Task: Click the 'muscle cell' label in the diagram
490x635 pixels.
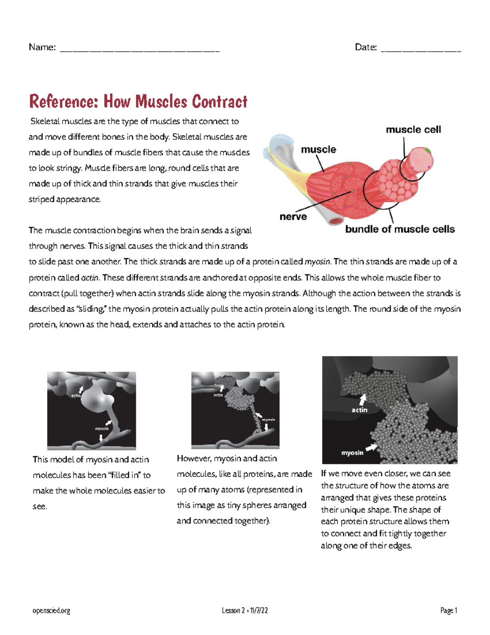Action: (x=413, y=130)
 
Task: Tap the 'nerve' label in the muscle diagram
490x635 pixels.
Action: (x=293, y=217)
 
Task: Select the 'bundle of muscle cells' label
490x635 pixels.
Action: (x=400, y=229)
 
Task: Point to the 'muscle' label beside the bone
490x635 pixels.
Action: (x=318, y=150)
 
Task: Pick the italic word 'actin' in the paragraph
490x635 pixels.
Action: (x=90, y=278)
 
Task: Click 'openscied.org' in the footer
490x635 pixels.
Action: (x=51, y=610)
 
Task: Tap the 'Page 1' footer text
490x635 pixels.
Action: (x=448, y=610)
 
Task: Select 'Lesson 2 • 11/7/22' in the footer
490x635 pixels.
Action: (x=245, y=610)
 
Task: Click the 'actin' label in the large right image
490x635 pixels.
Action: (x=359, y=410)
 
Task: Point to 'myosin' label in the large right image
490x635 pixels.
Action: (x=352, y=453)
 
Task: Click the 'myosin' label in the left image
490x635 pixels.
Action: (x=102, y=429)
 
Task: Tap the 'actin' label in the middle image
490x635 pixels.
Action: (x=218, y=395)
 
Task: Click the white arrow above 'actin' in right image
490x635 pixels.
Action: (x=362, y=399)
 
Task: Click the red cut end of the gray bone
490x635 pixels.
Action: (x=336, y=222)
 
